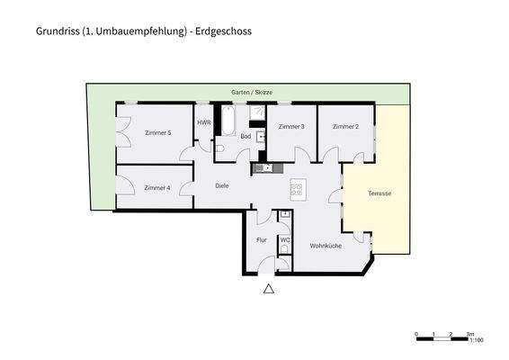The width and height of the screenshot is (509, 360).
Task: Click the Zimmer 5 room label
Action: (x=157, y=133)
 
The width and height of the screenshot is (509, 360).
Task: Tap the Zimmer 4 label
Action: (x=157, y=188)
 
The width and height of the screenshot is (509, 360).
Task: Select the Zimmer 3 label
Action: (x=291, y=127)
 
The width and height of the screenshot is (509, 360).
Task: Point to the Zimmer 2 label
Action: (x=345, y=127)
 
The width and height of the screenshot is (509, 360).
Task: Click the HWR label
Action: (x=203, y=122)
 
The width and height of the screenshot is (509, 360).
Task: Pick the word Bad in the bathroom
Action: (x=245, y=136)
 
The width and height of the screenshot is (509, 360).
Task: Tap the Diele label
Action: (x=222, y=186)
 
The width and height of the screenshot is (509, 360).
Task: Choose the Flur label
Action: (x=262, y=240)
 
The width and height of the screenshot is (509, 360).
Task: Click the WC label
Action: (x=284, y=240)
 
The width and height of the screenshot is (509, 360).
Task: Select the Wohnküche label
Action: (x=326, y=246)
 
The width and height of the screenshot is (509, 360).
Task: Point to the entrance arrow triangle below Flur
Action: (x=267, y=290)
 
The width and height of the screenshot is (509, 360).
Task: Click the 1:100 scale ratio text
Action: (x=477, y=340)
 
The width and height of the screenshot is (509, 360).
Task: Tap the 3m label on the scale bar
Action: (x=469, y=333)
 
